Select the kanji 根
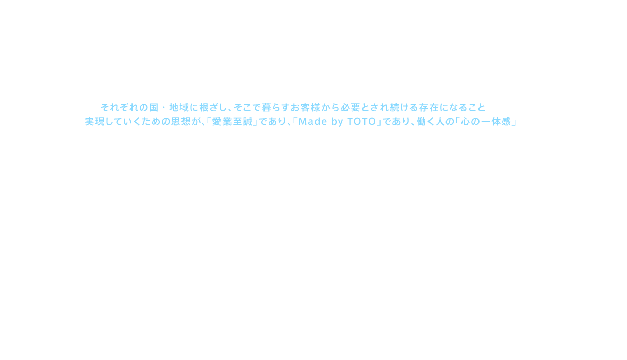204,107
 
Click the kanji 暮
267,107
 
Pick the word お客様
305,107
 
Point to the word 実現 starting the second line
94,122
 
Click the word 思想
181,122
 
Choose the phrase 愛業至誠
232,122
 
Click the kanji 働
421,122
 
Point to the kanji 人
440,122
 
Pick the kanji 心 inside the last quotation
466,122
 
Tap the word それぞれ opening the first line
120,107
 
